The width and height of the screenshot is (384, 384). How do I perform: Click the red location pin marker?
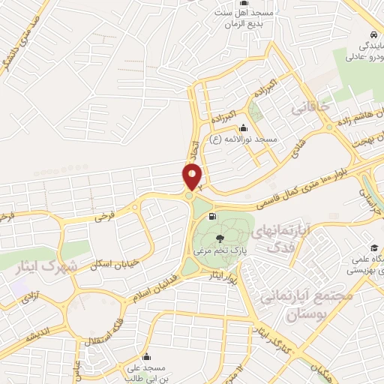click(193, 177)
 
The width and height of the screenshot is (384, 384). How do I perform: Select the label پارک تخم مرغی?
click(221, 249)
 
